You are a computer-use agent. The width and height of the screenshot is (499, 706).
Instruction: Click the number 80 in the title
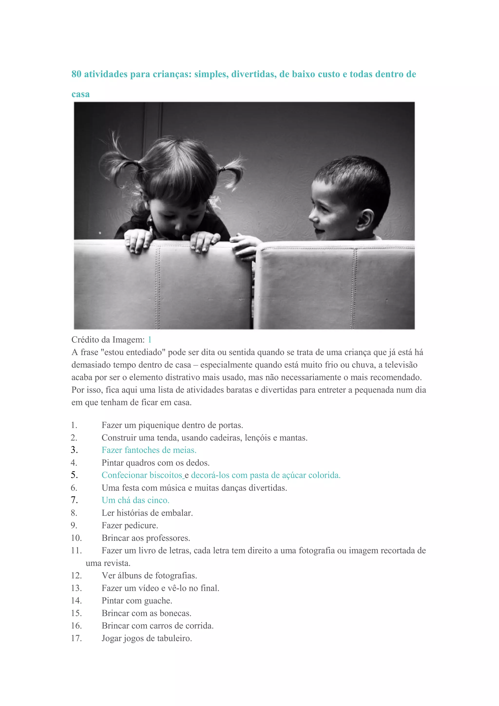[76, 74]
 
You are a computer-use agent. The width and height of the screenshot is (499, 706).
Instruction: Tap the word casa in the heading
[81, 94]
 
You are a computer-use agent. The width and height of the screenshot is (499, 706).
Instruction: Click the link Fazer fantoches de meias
[149, 450]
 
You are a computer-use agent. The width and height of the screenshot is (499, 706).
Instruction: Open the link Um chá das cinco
[135, 500]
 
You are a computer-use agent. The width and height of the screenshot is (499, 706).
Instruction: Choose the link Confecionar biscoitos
[142, 475]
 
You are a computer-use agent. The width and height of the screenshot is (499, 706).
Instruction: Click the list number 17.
[76, 638]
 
